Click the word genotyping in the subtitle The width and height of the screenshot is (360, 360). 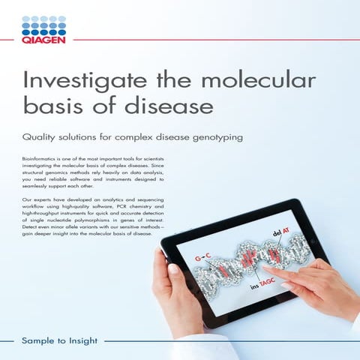(233, 139)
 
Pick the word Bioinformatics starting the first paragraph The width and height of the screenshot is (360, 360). (42, 160)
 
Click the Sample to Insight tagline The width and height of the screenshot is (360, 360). (60, 340)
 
